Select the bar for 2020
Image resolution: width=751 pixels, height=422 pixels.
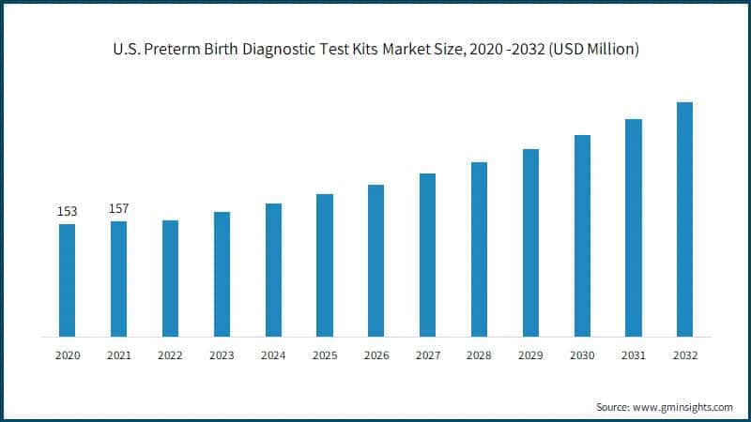[67, 279]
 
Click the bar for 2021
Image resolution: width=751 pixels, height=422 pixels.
[118, 279]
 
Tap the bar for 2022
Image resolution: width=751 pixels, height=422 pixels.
[170, 278]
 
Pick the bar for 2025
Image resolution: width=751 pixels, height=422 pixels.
[325, 264]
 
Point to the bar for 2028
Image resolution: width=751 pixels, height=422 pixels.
[479, 249]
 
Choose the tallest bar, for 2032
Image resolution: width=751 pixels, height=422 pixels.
[684, 219]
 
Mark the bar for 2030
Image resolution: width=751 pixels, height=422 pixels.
[582, 235]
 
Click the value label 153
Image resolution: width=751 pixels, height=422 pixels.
[67, 212]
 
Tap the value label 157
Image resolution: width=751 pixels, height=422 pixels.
[118, 208]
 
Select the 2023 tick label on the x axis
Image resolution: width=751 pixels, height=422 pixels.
[222, 355]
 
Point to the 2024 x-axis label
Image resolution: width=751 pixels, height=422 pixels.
[273, 355]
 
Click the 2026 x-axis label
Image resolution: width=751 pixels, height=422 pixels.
[375, 355]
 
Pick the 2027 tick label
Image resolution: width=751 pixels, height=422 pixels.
[427, 355]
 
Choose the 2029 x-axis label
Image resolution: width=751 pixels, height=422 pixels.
[530, 355]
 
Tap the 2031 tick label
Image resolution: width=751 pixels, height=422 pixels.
[633, 355]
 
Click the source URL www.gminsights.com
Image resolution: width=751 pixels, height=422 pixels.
[683, 407]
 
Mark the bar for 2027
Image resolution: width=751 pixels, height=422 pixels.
[427, 254]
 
